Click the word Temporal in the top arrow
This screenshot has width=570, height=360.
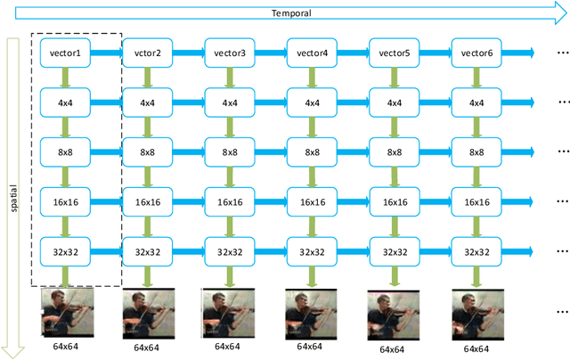[x=285, y=12]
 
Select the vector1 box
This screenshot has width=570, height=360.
[x=66, y=53]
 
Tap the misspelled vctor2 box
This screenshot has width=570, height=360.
[x=148, y=53]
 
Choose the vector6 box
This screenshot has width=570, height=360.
[x=476, y=53]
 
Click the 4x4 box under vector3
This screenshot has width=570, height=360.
[x=230, y=102]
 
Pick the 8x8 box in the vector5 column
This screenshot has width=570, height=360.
[x=395, y=152]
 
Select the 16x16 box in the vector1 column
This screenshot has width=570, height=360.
[x=66, y=202]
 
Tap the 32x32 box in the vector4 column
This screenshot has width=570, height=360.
[x=313, y=252]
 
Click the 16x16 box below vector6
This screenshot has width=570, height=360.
[x=476, y=202]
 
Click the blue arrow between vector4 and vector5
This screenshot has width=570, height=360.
[x=354, y=53]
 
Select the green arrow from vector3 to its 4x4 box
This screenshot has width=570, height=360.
[x=230, y=78]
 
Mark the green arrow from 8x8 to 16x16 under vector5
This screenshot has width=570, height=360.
[x=395, y=177]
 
